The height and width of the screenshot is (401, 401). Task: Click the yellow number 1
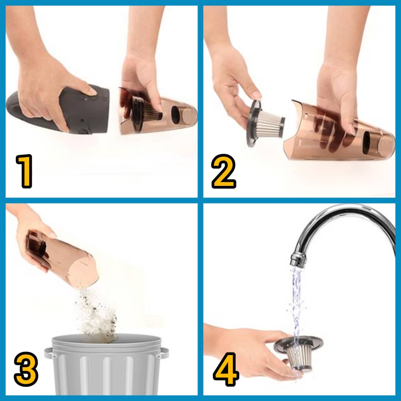click(24, 171)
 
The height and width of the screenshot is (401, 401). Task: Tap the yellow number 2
click(223, 171)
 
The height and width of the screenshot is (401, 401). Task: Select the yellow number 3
click(26, 369)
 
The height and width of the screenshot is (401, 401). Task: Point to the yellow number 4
click(226, 369)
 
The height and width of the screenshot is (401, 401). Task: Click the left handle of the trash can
click(48, 353)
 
